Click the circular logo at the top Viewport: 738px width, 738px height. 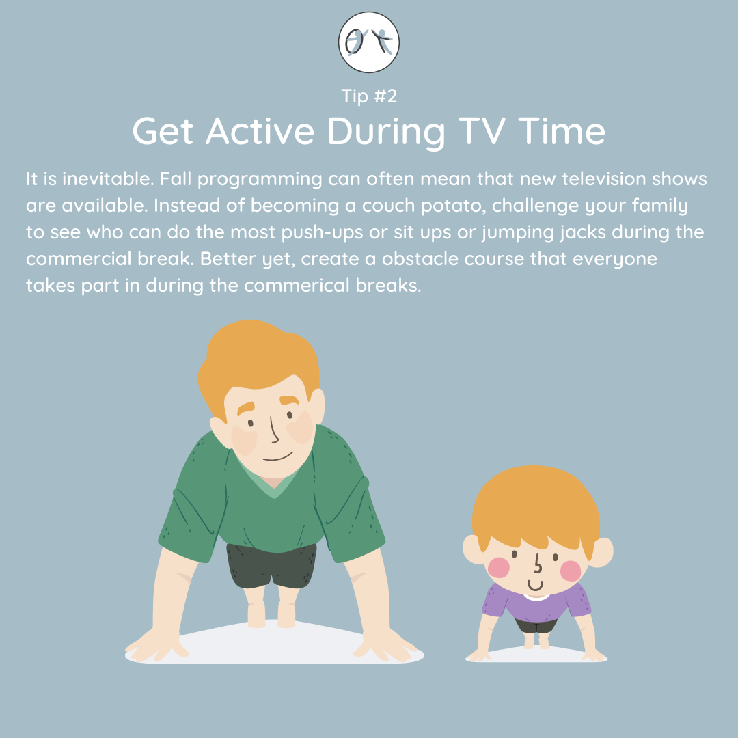pyautogui.click(x=368, y=42)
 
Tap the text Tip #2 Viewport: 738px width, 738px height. pyautogui.click(x=369, y=96)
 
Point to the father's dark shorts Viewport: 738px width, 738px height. pyautogui.click(x=271, y=566)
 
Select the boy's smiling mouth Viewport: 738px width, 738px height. pyautogui.click(x=535, y=586)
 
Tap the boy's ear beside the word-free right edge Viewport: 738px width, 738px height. pyautogui.click(x=601, y=551)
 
